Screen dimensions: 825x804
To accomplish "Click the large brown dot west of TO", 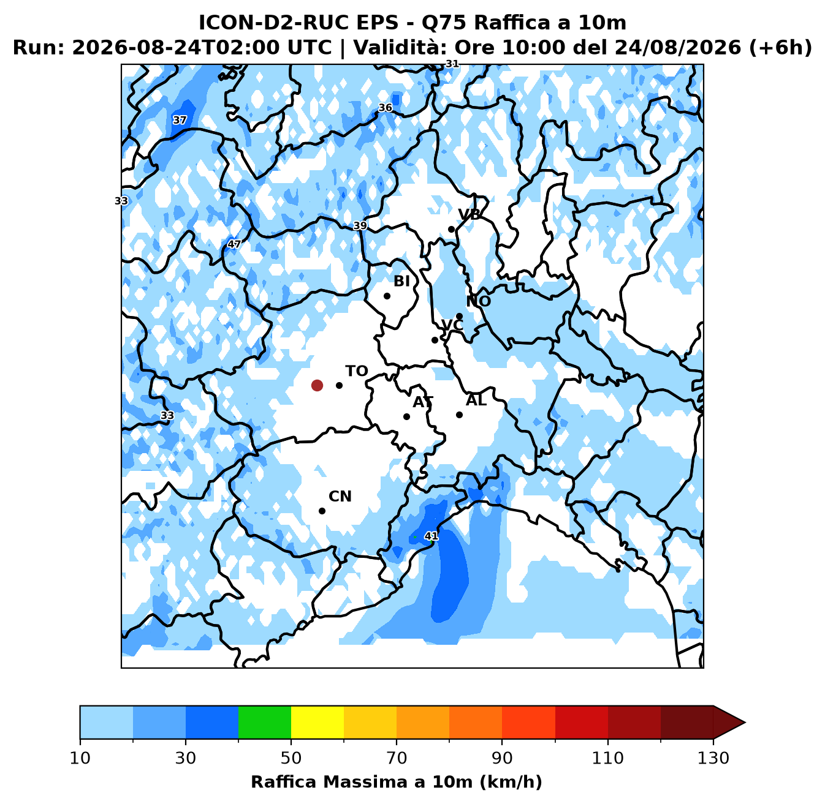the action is point(317,385).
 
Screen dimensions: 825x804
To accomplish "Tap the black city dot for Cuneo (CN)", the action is point(322,511).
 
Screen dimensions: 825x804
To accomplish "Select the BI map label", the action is point(401,281).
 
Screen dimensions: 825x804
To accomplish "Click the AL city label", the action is point(476,400).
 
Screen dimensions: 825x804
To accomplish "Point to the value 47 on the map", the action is point(234,244).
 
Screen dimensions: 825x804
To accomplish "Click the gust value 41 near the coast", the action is point(431,536).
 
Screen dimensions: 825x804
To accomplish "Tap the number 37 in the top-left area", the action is point(180,120).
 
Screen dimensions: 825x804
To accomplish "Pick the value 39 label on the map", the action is point(360,225).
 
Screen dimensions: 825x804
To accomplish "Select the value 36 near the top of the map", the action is point(385,108).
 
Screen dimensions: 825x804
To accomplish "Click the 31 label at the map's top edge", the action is point(452,64).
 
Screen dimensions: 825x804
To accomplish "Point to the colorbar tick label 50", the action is point(291,758).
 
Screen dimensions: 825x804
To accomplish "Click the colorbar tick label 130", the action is point(713,758).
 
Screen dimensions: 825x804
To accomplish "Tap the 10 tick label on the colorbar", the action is point(80,758).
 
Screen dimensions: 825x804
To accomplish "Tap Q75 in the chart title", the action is point(445,23).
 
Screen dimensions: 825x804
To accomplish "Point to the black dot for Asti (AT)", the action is point(406,416).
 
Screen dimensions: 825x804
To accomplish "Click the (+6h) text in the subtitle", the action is point(780,47).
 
